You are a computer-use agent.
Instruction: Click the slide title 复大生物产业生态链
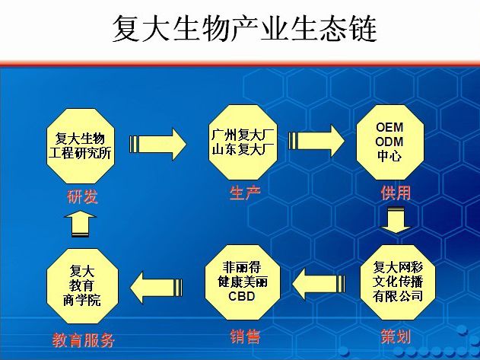click(x=245, y=28)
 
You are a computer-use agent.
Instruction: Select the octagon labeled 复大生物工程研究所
click(x=80, y=146)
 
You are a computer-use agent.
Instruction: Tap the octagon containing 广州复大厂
click(x=243, y=142)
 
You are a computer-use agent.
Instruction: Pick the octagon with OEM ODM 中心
click(x=390, y=142)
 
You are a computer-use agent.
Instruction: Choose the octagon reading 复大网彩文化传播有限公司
click(x=398, y=282)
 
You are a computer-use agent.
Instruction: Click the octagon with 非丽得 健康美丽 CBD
click(x=242, y=282)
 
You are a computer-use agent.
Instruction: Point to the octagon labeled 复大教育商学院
click(x=82, y=285)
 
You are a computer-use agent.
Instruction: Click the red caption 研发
click(x=82, y=196)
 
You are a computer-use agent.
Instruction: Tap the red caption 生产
click(x=245, y=193)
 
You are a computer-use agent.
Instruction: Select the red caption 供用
click(x=396, y=193)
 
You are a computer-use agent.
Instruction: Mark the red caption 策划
click(x=396, y=336)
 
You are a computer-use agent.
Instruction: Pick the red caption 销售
click(x=245, y=336)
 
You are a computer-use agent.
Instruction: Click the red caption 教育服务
click(x=83, y=340)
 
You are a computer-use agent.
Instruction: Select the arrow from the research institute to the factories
click(x=157, y=144)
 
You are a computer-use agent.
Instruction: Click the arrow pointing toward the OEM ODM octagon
click(x=316, y=141)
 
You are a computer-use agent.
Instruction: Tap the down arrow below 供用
click(x=396, y=220)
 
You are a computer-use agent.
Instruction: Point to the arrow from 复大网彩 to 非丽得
click(x=319, y=284)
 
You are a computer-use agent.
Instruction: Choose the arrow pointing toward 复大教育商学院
click(x=156, y=288)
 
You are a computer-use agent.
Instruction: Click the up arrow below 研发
click(x=80, y=224)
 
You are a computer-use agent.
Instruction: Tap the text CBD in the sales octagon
click(x=242, y=296)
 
